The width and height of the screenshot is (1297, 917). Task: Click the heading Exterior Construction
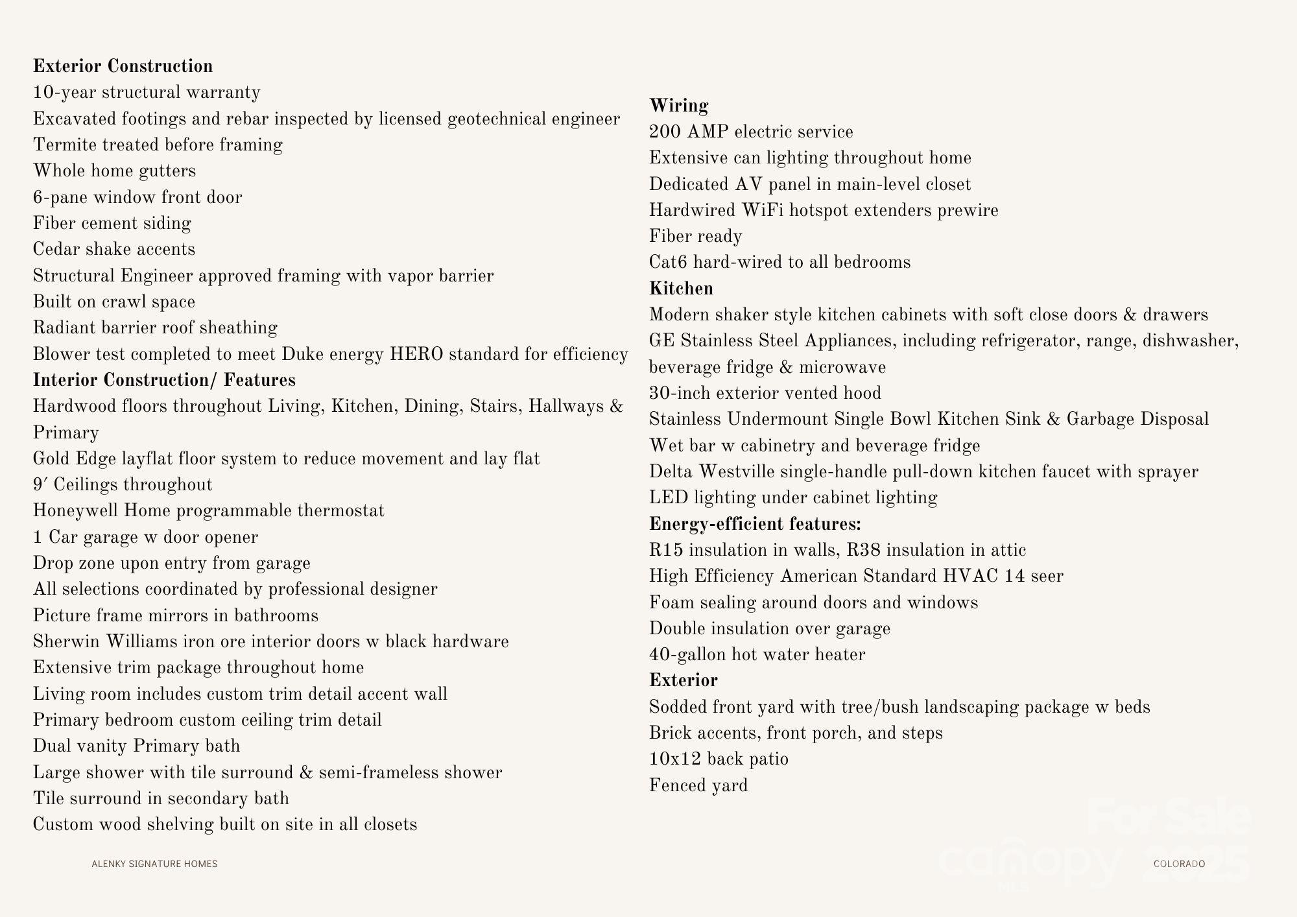pos(123,66)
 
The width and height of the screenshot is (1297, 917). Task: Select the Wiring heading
pos(678,106)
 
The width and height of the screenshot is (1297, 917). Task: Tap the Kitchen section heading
pos(681,289)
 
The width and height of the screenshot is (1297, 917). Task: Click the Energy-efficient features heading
pos(755,524)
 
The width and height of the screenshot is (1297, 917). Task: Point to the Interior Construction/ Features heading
pos(164,380)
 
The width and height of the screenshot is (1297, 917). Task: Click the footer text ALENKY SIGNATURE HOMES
pos(154,864)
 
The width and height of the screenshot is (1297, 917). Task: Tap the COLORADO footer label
pos(1179,864)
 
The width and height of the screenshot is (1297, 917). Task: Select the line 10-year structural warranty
pos(147,93)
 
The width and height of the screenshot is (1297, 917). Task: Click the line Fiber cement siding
pos(112,223)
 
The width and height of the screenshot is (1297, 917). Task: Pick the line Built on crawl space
pos(114,302)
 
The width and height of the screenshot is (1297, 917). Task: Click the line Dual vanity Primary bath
pos(136,746)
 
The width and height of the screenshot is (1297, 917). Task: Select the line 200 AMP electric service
pos(751,132)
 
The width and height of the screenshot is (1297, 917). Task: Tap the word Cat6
pos(668,263)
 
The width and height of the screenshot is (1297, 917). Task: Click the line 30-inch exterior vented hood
pos(765,393)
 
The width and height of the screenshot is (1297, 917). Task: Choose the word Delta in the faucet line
pos(671,471)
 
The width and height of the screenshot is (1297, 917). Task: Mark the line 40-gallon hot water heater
pos(757,654)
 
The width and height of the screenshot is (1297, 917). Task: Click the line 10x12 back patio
pos(719,759)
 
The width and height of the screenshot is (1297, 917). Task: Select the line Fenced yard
pos(698,785)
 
